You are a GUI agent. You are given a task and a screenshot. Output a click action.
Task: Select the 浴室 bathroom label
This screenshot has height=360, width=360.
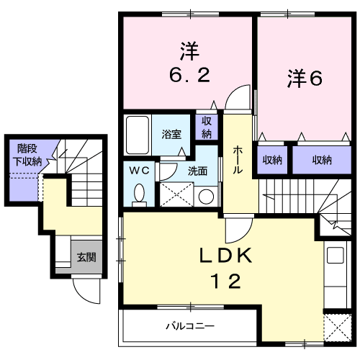[171, 134]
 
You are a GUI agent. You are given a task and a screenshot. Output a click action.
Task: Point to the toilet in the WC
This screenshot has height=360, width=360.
[139, 192]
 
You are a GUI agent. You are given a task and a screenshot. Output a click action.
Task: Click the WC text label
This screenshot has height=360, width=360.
[138, 171]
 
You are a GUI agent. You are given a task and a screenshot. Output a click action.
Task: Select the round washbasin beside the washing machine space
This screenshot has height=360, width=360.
[206, 196]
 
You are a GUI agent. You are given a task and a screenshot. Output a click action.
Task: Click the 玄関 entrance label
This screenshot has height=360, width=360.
[86, 257]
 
